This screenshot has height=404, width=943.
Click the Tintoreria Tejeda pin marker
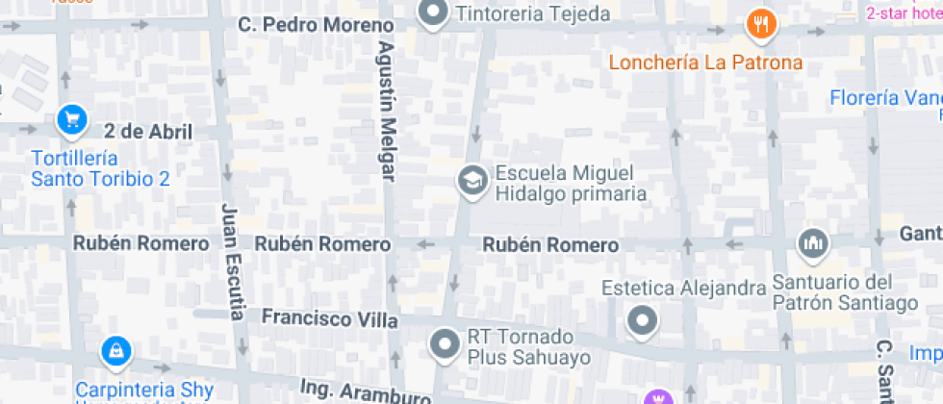point(435,13)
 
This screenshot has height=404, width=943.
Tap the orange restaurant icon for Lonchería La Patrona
point(761,25)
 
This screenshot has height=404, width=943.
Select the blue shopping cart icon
point(71,119)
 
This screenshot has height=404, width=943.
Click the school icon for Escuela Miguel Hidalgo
point(471,180)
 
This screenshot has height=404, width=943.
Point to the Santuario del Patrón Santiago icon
point(813,244)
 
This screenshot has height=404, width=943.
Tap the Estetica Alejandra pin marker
point(642,320)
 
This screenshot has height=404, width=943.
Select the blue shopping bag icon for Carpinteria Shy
point(115,352)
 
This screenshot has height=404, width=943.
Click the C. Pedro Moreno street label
point(302,23)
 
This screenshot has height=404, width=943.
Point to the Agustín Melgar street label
point(387,111)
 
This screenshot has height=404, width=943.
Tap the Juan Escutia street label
point(232,261)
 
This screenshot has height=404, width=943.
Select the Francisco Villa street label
point(330,317)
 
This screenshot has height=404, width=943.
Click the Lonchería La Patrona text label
point(705,63)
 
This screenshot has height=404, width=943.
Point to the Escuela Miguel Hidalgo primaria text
point(570,184)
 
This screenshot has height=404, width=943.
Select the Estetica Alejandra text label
point(683,288)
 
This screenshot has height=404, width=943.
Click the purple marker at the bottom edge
point(659,397)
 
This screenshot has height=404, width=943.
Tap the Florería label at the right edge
point(885,98)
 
